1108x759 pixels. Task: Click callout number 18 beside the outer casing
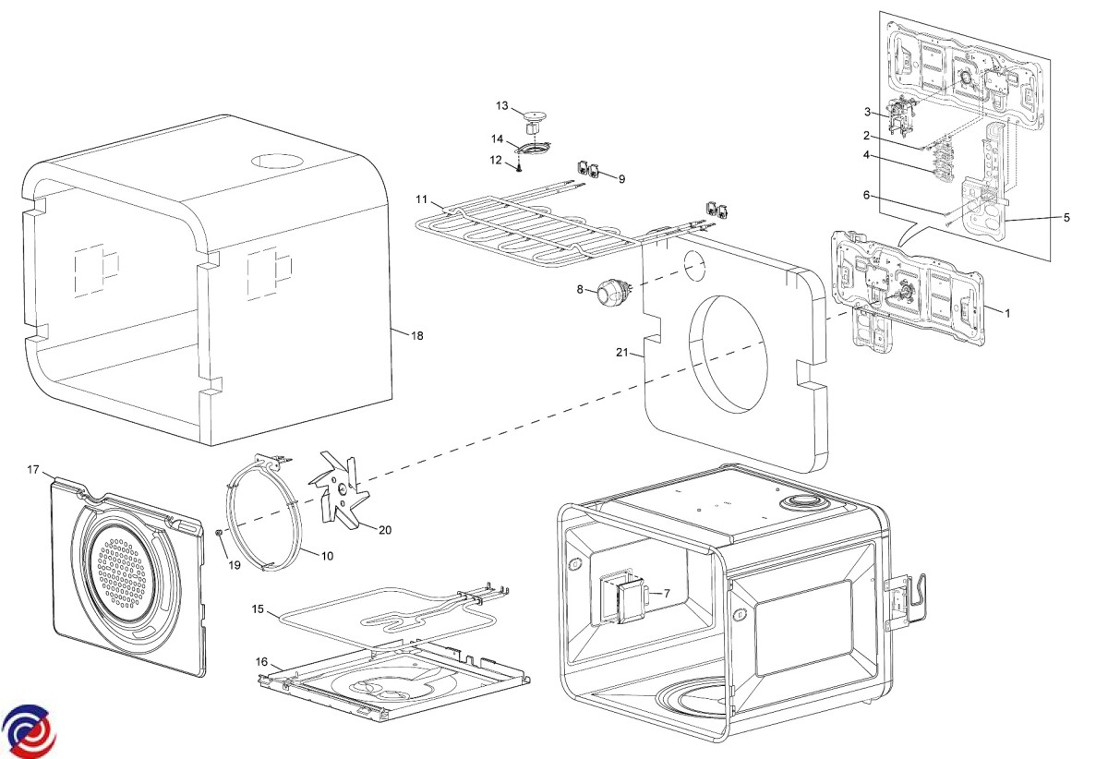pyautogui.click(x=417, y=336)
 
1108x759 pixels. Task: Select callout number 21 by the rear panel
pyautogui.click(x=622, y=352)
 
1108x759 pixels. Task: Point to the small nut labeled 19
pyautogui.click(x=218, y=533)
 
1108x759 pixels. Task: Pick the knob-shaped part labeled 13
pyautogui.click(x=532, y=116)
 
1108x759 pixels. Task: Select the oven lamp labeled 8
pyautogui.click(x=609, y=293)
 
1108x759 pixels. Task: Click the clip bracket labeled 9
pyautogui.click(x=588, y=168)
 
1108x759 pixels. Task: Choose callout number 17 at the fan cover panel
pyautogui.click(x=33, y=471)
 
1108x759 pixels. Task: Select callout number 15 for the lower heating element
pyautogui.click(x=259, y=609)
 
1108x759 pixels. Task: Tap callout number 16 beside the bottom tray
pyautogui.click(x=262, y=662)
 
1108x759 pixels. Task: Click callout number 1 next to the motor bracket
pyautogui.click(x=1007, y=313)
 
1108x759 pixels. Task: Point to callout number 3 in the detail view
pyautogui.click(x=868, y=112)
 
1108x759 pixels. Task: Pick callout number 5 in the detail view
pyautogui.click(x=1066, y=218)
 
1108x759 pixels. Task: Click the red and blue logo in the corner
pyautogui.click(x=28, y=729)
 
